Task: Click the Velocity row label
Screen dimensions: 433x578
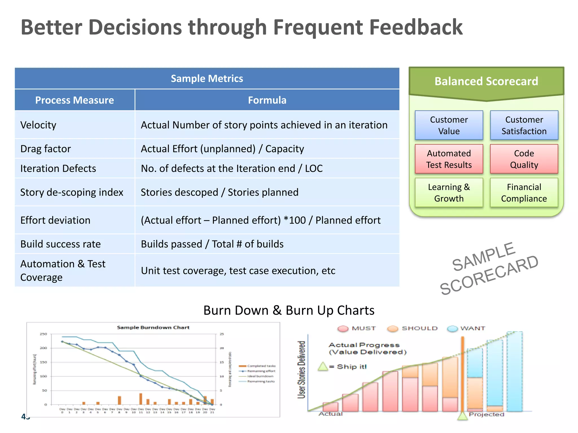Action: tap(38, 125)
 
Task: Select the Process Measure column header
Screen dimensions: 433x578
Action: tap(75, 100)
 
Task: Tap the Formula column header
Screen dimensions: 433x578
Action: tap(267, 100)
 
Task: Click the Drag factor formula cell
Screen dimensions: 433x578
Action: tap(222, 149)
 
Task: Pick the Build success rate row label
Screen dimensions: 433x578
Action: tap(60, 244)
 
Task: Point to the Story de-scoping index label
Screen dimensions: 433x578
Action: tap(72, 192)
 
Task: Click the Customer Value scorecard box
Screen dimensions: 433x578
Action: tap(449, 125)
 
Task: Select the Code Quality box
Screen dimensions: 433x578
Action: tap(524, 159)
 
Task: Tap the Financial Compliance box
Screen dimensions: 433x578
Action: tap(524, 193)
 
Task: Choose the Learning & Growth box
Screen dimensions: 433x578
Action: tap(449, 193)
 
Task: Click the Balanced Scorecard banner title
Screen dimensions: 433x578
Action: tap(486, 81)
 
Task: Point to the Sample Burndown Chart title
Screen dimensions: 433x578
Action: tap(153, 328)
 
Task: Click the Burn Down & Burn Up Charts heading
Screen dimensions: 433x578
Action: tap(289, 310)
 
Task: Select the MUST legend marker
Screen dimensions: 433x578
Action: tap(343, 329)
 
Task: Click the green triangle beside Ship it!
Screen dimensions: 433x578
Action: tap(323, 366)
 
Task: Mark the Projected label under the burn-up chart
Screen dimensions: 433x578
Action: tap(486, 414)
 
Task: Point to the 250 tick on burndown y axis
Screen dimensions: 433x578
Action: tap(43, 334)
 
